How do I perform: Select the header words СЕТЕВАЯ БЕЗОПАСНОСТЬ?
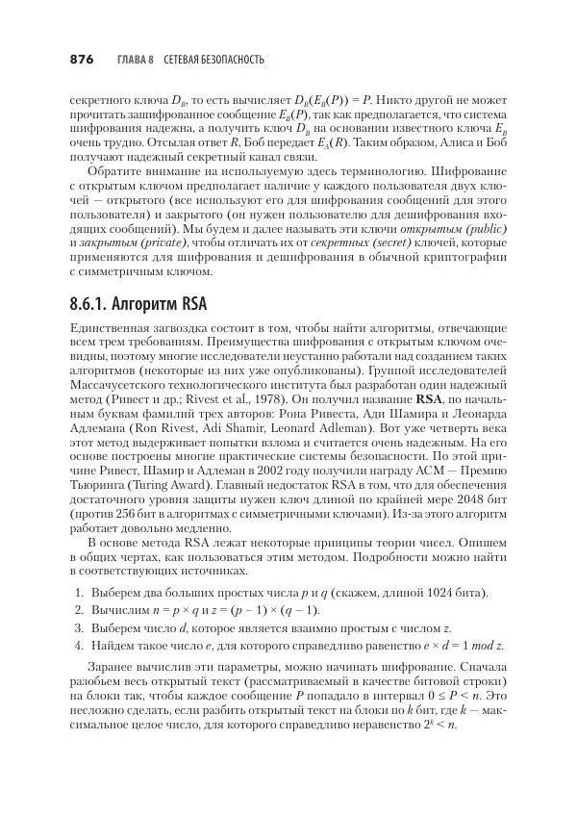pos(214,61)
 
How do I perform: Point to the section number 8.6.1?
pos(93,304)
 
